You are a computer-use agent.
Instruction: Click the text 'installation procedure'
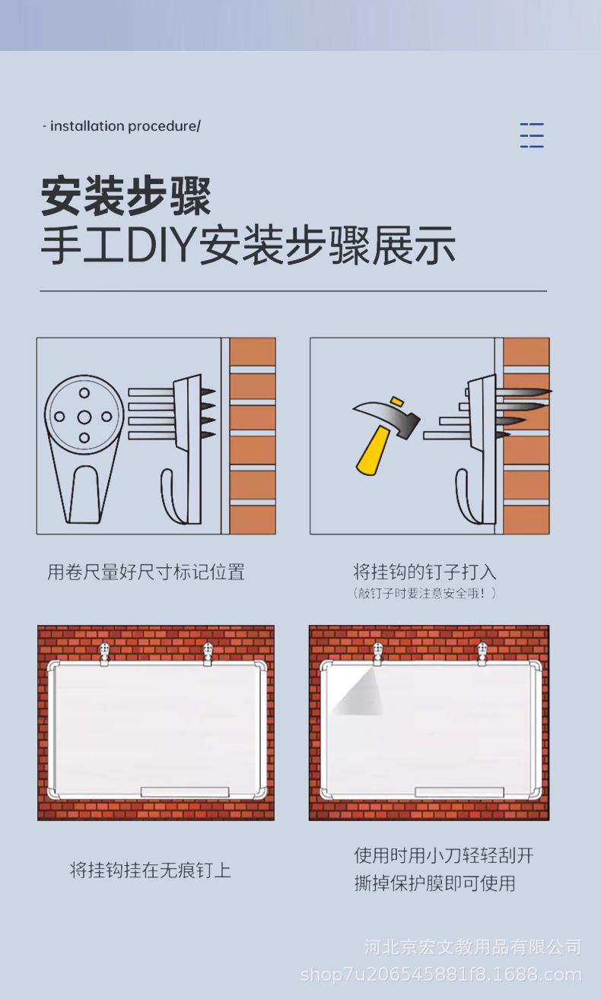click(123, 126)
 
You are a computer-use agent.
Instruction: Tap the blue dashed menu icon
click(532, 135)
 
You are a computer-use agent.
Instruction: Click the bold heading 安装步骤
click(126, 197)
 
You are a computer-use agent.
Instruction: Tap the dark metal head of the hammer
click(386, 415)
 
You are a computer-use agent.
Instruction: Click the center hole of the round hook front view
click(84, 417)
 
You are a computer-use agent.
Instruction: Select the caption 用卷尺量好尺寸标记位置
click(146, 572)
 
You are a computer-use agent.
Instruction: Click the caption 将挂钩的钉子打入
click(425, 571)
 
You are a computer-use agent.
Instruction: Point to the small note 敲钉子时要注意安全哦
click(425, 593)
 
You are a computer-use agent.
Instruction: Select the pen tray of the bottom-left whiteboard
click(185, 792)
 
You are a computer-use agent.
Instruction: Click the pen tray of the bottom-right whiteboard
click(459, 792)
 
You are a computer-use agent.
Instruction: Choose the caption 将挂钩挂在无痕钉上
click(151, 870)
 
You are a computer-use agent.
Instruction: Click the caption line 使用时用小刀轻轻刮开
click(444, 855)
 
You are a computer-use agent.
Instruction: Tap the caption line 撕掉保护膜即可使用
click(435, 883)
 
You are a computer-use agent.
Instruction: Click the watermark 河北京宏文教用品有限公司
click(473, 947)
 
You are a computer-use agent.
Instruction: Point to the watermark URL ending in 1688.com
click(441, 975)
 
